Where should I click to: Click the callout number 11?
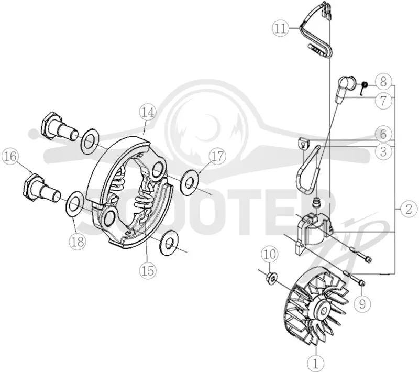tap(281, 28)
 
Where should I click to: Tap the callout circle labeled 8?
tap(383, 82)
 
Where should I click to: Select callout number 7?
tap(383, 101)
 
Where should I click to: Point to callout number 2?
tap(409, 209)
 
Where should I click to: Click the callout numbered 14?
tap(148, 112)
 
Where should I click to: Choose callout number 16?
tap(10, 156)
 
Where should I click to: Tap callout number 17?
tap(217, 156)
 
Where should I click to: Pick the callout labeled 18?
tap(78, 242)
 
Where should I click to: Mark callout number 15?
tap(148, 271)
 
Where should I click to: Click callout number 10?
tap(270, 255)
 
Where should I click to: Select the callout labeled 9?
tap(362, 304)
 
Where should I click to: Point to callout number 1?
tap(316, 363)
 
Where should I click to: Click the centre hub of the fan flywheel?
tap(323, 309)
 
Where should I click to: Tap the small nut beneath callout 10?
tap(271, 278)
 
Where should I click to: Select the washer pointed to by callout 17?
tap(190, 183)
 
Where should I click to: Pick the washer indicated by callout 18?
tap(74, 205)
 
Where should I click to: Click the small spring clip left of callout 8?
tap(363, 87)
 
